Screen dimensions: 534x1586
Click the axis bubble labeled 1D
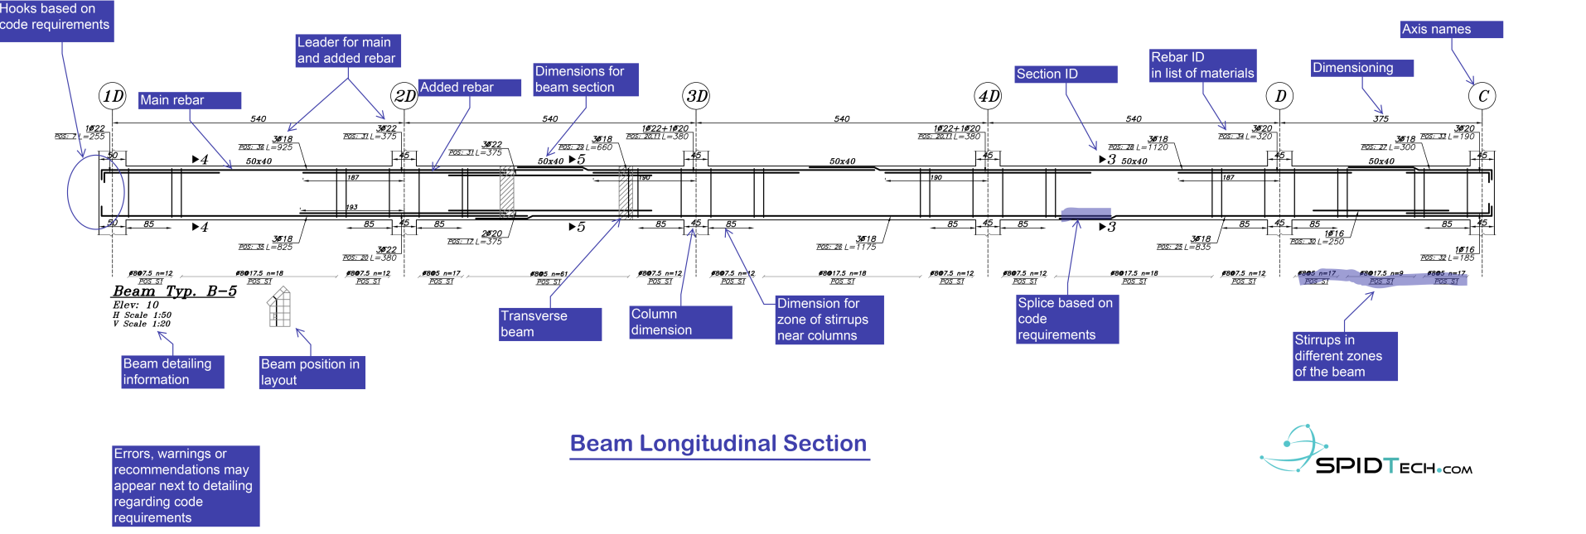(112, 96)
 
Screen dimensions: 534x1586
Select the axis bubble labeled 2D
(404, 96)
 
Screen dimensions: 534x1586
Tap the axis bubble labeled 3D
(696, 96)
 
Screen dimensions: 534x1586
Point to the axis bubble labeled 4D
(988, 96)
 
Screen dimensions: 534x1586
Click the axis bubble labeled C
(1482, 96)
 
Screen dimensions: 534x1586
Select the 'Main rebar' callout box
(190, 100)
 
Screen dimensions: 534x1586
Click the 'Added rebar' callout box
(469, 88)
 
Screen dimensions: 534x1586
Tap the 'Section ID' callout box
(1066, 75)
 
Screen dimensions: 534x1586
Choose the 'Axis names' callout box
(1451, 30)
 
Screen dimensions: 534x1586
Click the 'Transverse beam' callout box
(549, 324)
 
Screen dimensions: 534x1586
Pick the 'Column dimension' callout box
(679, 322)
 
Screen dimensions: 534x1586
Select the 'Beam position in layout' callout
(312, 373)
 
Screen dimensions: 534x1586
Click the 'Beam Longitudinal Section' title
(718, 444)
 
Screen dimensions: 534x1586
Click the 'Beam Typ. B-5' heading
(174, 291)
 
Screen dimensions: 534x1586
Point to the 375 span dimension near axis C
(1380, 119)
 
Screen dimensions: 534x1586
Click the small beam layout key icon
(279, 307)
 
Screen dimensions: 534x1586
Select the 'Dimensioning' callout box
(1361, 68)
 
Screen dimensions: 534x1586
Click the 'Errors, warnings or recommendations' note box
(186, 486)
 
